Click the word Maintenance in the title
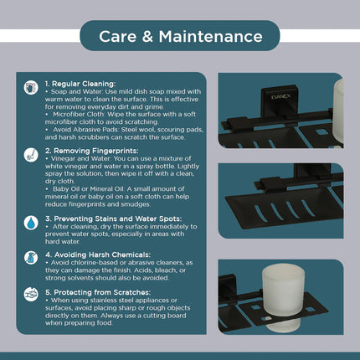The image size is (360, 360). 211,37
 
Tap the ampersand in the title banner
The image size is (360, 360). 147,37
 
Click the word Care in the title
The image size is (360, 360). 117,37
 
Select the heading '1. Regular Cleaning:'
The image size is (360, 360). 80,84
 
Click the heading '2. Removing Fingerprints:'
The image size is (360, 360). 92,151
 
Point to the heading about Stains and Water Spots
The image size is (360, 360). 114,219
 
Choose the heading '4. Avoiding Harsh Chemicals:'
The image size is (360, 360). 98,255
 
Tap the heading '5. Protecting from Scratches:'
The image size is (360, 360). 98,292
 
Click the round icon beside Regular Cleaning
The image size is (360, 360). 31,88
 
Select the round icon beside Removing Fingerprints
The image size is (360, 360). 31,155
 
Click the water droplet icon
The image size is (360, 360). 31,223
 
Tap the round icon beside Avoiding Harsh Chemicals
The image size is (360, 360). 31,258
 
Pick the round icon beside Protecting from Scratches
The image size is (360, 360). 31,295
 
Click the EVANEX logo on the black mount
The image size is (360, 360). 280,97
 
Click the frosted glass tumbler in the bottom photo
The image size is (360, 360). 283,296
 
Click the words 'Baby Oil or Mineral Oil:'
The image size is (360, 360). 89,189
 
